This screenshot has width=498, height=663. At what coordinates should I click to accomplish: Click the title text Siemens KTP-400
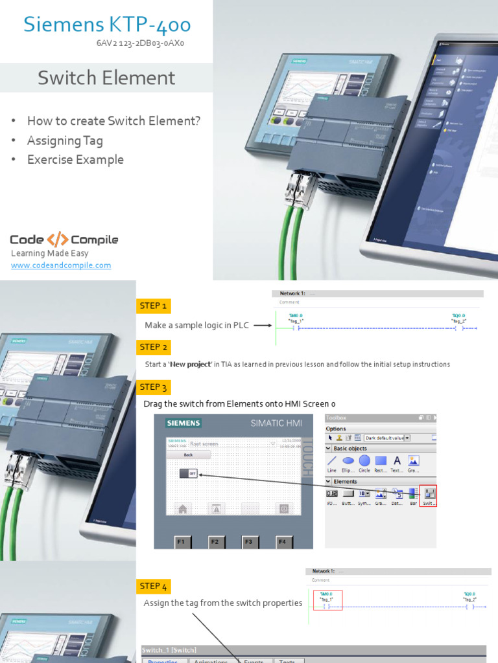pyautogui.click(x=107, y=25)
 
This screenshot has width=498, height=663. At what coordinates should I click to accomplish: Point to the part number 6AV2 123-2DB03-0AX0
pyautogui.click(x=141, y=44)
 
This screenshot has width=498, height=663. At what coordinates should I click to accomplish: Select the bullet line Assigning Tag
pyautogui.click(x=65, y=140)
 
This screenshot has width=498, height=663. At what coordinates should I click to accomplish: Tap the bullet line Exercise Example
pyautogui.click(x=75, y=159)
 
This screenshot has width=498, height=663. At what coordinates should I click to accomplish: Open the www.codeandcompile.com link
pyautogui.click(x=61, y=265)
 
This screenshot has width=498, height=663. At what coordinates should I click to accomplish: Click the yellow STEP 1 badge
pyautogui.click(x=153, y=306)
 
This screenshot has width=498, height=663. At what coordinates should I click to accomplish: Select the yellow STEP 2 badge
pyautogui.click(x=153, y=347)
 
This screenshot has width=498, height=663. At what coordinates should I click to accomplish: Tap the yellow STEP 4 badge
pyautogui.click(x=153, y=586)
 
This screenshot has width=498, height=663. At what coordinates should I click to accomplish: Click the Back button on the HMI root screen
pyautogui.click(x=188, y=455)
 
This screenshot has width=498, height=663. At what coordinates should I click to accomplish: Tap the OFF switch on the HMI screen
pyautogui.click(x=189, y=474)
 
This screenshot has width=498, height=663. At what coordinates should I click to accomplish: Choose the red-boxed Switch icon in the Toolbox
pyautogui.click(x=429, y=496)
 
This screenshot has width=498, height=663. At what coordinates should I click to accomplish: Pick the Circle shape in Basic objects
pyautogui.click(x=364, y=461)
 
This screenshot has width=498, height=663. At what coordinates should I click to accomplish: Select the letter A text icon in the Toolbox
pyautogui.click(x=397, y=461)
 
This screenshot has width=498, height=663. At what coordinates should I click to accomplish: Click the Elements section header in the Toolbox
pyautogui.click(x=346, y=482)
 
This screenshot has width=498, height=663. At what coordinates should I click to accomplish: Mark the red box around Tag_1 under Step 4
pyautogui.click(x=327, y=600)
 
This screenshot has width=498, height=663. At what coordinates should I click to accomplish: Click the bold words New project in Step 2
pyautogui.click(x=189, y=365)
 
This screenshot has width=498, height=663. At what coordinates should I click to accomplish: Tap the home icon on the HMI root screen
pyautogui.click(x=183, y=509)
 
